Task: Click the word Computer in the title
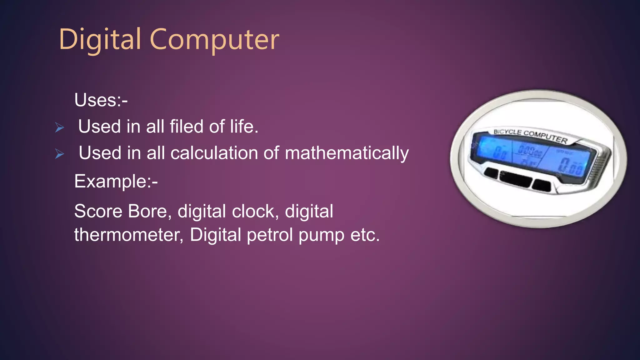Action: click(x=214, y=40)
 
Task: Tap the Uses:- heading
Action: click(x=101, y=100)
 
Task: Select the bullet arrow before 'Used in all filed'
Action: click(x=59, y=127)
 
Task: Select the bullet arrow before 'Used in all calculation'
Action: click(x=59, y=154)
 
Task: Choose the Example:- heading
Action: click(x=116, y=181)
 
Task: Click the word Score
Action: click(x=98, y=211)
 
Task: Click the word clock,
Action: click(x=255, y=211)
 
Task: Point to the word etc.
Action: click(x=365, y=235)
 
